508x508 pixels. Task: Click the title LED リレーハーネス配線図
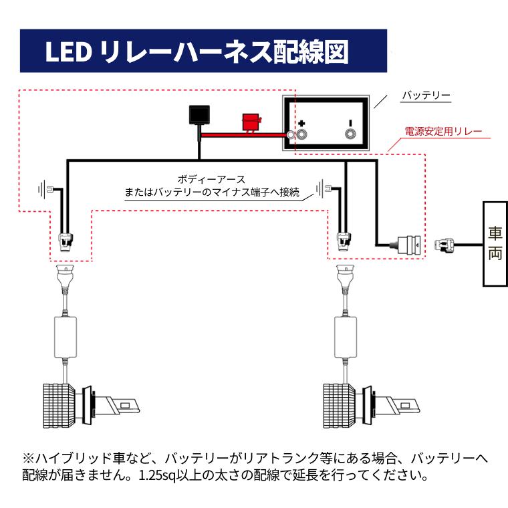coord(197,51)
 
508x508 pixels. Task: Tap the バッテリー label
coord(425,96)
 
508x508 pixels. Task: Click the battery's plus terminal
coord(302,134)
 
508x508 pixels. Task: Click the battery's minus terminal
coord(349,134)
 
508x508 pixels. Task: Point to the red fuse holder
coord(250,123)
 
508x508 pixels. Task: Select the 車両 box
coord(495,244)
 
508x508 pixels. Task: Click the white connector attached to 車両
coord(447,245)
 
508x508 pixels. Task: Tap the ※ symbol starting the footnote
coord(28,460)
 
